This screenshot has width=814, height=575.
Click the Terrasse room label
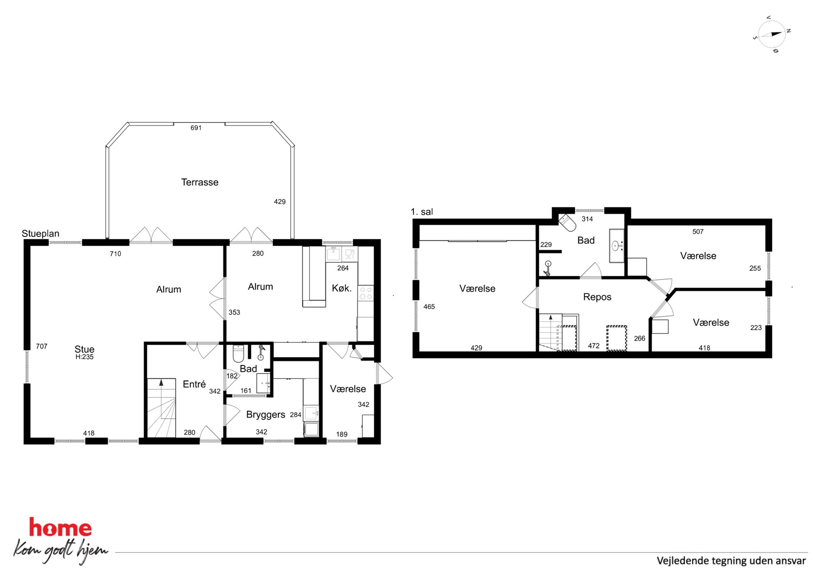coord(200,182)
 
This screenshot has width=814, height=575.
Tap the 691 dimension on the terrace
coord(196,128)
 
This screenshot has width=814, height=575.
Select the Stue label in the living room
coord(85,349)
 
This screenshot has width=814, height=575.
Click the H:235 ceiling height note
coord(85,357)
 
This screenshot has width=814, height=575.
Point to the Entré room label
coord(194,384)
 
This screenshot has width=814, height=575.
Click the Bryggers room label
coord(265,415)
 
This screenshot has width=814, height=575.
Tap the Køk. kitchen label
coord(342,288)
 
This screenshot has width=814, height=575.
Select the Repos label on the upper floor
coord(597,297)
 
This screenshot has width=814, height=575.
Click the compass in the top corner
coord(772,34)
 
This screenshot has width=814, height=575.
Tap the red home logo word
coord(60,528)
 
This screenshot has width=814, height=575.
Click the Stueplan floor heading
coord(41,234)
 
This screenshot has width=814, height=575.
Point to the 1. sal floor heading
coord(422,212)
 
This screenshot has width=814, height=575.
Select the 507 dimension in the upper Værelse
coord(698,232)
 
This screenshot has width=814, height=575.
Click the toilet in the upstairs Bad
coord(567,223)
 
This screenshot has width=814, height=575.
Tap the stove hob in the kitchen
coord(366,293)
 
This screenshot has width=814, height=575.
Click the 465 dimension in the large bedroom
coord(429,307)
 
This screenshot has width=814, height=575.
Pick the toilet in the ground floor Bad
coord(238,354)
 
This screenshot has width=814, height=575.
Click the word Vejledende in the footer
coord(683,561)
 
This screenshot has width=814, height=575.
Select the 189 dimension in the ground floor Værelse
coord(342,434)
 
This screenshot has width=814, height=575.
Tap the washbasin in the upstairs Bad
coord(616,245)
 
